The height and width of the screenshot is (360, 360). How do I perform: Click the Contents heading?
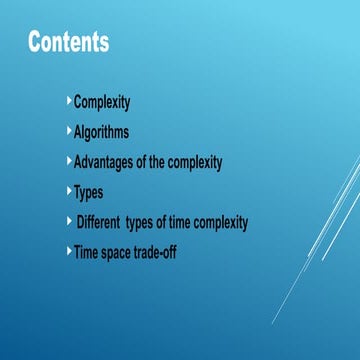pyautogui.click(x=68, y=43)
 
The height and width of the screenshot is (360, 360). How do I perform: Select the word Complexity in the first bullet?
pyautogui.click(x=102, y=102)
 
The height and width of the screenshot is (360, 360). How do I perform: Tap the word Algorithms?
pyautogui.click(x=101, y=132)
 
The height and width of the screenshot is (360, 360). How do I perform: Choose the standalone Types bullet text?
pyautogui.click(x=89, y=192)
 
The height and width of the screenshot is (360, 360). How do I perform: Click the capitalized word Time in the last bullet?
pyautogui.click(x=86, y=252)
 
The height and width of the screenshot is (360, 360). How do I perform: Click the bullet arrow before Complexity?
pyautogui.click(x=69, y=101)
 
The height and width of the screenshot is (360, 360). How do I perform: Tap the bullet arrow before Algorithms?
pyautogui.click(x=69, y=131)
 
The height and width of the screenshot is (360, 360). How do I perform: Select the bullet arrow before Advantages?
pyautogui.click(x=69, y=161)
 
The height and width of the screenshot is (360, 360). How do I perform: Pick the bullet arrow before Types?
pyautogui.click(x=69, y=191)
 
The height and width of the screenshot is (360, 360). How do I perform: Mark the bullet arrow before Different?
pyautogui.click(x=69, y=221)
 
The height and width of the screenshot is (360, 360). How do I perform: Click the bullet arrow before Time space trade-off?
pyautogui.click(x=69, y=251)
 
